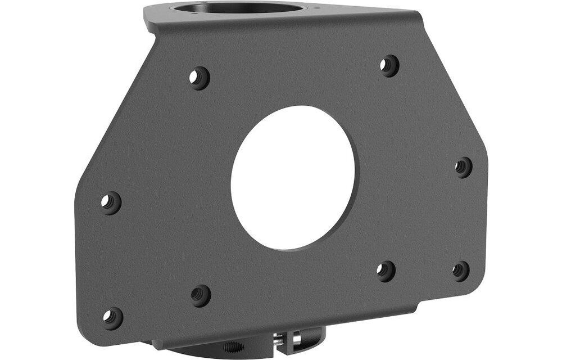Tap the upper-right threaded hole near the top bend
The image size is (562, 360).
(388, 66)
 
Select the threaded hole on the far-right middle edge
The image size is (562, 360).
(463, 167)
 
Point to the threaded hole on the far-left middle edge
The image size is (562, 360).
(111, 202)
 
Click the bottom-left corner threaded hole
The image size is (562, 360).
(112, 318)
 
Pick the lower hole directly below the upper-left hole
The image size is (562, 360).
(201, 295)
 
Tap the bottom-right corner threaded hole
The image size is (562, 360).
(461, 271)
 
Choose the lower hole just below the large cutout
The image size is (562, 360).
(386, 271)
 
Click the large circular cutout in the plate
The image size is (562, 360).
(292, 177)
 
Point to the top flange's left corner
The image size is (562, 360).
(147, 12)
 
